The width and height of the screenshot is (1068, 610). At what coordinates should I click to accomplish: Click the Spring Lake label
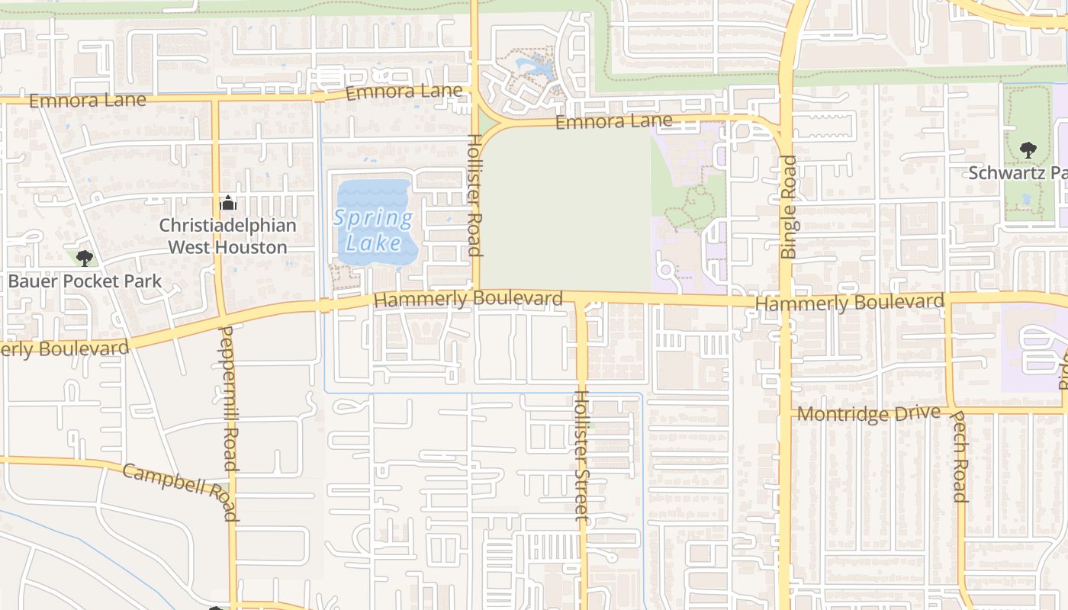pos(374,230)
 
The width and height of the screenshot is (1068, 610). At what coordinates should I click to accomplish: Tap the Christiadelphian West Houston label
pos(227,236)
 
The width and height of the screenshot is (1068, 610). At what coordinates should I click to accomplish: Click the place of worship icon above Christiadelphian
pos(227,204)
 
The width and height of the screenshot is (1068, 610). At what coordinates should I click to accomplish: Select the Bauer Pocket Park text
pos(85,281)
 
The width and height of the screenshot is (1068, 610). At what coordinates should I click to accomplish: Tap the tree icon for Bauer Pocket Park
pos(85,258)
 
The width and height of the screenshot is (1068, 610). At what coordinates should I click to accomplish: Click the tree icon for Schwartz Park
pos(1028,149)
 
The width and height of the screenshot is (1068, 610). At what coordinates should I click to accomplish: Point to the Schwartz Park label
pos(1018,173)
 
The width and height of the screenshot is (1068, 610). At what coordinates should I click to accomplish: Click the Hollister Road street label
pos(474,195)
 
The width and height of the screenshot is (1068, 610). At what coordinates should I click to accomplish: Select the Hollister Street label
pos(581,455)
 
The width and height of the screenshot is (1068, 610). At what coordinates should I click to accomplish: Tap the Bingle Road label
pos(788,207)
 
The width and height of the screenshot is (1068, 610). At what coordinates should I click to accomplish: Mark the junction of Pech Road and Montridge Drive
pos(952,409)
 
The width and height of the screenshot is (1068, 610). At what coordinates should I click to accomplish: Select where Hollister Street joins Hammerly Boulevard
pos(581,299)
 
